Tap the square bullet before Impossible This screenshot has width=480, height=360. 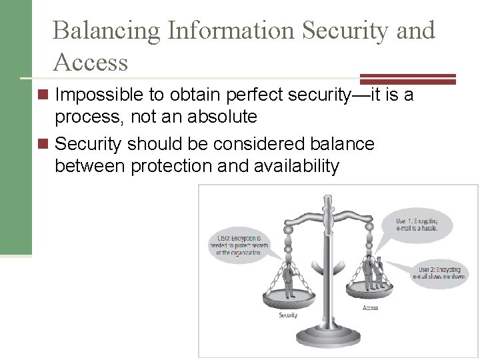click(44, 96)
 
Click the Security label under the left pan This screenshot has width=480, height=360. click(288, 315)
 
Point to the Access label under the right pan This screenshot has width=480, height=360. click(370, 307)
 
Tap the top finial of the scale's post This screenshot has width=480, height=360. click(327, 200)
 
